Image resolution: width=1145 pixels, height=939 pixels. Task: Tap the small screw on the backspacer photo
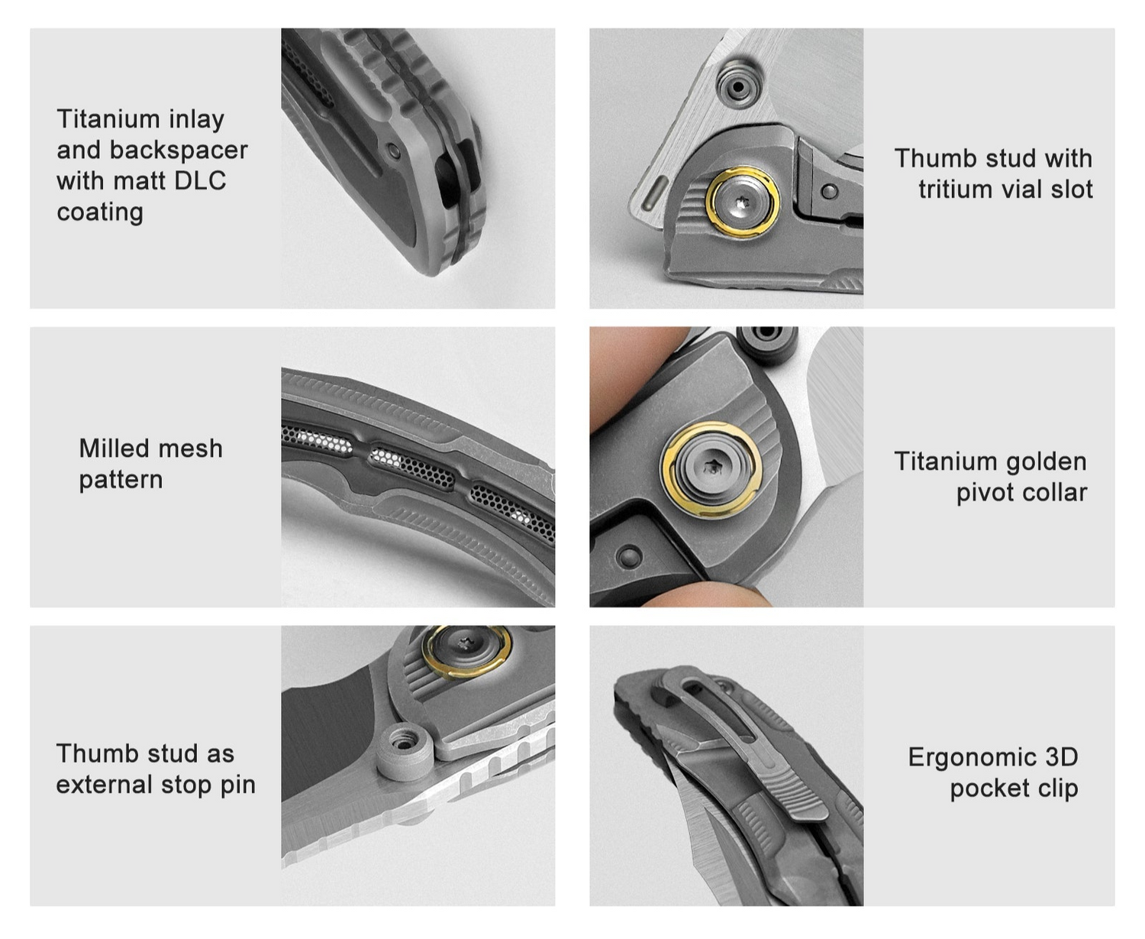[x=393, y=151]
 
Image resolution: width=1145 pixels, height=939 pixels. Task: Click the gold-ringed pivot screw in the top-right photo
[x=742, y=202]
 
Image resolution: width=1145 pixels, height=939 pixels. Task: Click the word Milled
[x=115, y=448]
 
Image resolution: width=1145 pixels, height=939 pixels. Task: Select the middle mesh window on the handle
[x=411, y=463]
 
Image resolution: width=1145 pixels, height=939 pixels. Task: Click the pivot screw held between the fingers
[x=711, y=468]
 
